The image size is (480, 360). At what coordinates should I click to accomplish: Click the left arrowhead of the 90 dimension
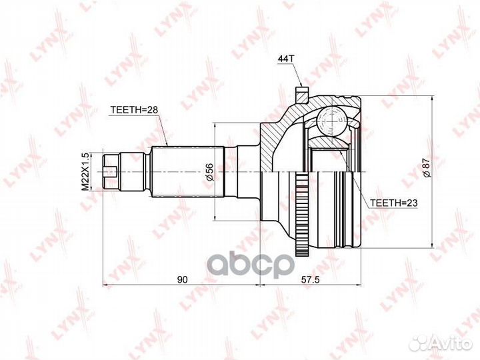point(105,285)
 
